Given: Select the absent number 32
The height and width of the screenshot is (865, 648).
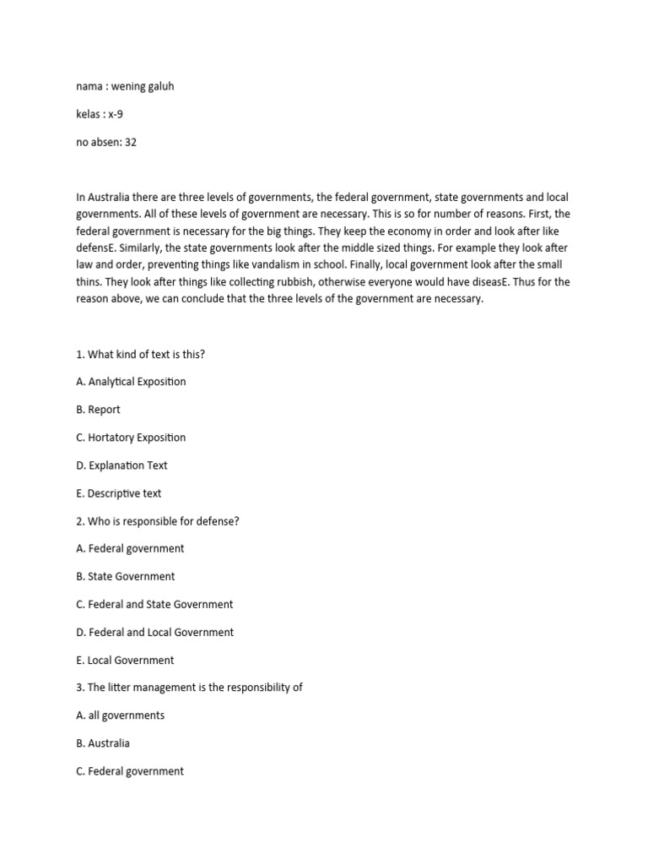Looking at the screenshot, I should pos(130,142).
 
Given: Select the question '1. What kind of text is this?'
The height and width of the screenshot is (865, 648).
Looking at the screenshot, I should pos(140,354).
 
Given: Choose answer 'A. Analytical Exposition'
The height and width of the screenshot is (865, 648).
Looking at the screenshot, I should pos(131,382).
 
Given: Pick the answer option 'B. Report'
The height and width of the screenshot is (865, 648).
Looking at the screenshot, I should pos(98,410).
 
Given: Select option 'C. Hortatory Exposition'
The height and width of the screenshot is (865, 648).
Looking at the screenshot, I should pos(131,438).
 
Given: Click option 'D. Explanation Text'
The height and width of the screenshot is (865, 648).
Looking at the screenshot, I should pos(121,465).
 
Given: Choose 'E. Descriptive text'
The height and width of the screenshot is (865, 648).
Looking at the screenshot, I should pos(118,493).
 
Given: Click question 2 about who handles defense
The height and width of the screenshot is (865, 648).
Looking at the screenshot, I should pos(157,521).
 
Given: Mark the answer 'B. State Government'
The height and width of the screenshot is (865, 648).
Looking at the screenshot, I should pos(126,576).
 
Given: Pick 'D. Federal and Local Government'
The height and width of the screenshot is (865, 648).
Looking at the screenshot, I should pos(154,632).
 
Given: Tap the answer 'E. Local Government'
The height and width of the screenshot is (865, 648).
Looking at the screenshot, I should pos(125,660).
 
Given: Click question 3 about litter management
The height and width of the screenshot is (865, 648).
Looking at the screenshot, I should pos(189,688).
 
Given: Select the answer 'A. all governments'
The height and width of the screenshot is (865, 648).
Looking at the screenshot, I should pos(120,715).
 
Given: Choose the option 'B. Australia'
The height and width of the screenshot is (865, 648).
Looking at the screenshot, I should pos(103,743).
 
